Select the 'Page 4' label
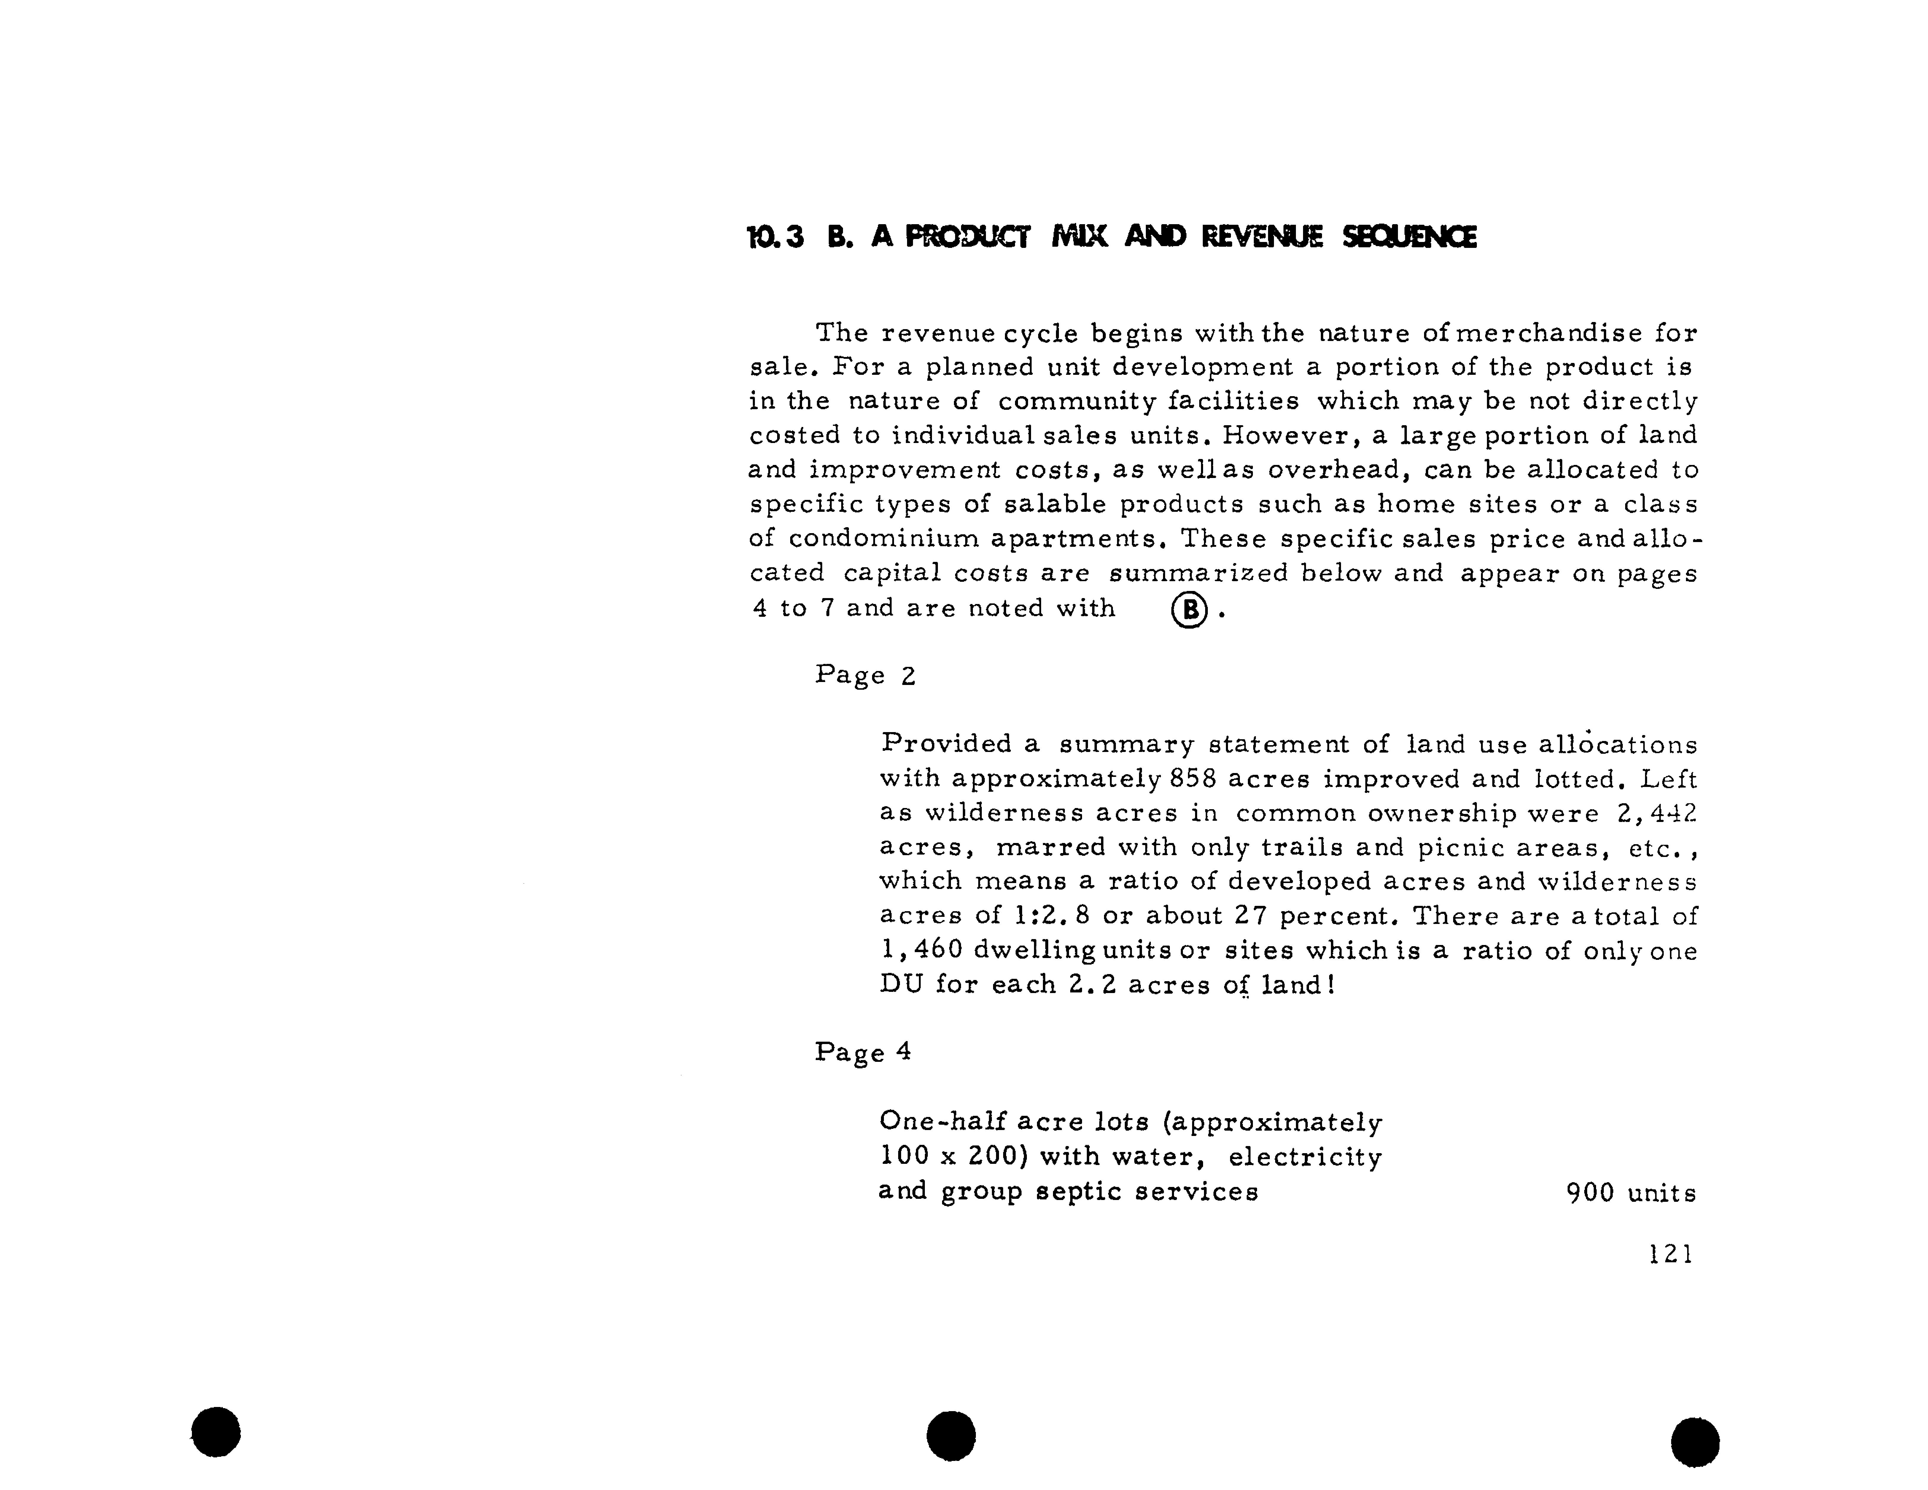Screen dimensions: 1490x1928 [x=863, y=1052]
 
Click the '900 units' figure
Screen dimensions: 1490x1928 [x=1630, y=1193]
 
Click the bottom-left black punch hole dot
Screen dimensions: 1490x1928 [x=215, y=1432]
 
